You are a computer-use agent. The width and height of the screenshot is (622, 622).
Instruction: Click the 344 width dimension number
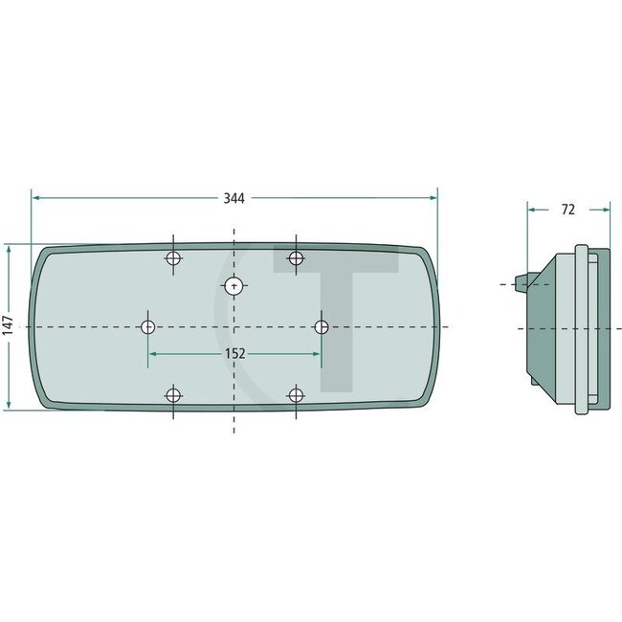(x=234, y=198)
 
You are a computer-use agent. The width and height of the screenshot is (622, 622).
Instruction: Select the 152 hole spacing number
(x=234, y=353)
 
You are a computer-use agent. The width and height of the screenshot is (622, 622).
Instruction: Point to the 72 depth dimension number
(x=567, y=209)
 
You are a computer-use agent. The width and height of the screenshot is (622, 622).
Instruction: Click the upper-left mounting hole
(x=173, y=258)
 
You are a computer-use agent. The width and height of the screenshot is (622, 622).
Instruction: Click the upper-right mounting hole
(x=297, y=258)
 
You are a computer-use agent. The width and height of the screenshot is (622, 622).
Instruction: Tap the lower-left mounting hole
(x=173, y=395)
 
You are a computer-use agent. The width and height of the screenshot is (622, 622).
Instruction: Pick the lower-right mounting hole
(x=297, y=395)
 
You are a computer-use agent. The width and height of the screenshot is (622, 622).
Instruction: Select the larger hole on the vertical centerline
(x=234, y=284)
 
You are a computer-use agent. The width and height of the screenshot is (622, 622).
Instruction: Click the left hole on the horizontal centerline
(x=148, y=327)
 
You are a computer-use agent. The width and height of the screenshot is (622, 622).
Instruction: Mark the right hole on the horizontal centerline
(x=322, y=327)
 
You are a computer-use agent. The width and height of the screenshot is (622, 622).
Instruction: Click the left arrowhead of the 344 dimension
(x=36, y=198)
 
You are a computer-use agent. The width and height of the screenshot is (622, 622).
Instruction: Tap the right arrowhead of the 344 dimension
(x=433, y=198)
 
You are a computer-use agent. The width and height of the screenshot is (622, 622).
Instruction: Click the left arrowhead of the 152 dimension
(x=153, y=353)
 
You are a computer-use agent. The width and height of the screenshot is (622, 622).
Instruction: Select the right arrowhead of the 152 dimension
(x=317, y=353)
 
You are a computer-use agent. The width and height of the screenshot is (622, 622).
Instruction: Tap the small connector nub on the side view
(x=519, y=282)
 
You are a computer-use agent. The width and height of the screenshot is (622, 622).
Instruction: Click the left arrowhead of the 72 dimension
(x=531, y=209)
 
